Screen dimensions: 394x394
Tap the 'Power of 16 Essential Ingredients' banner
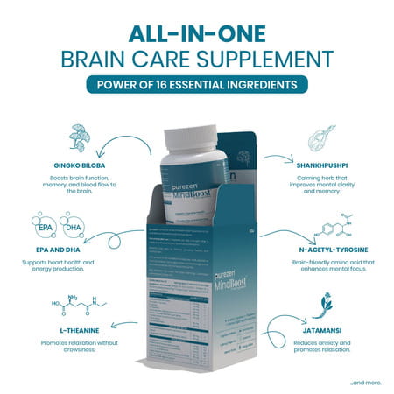pos(197,85)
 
